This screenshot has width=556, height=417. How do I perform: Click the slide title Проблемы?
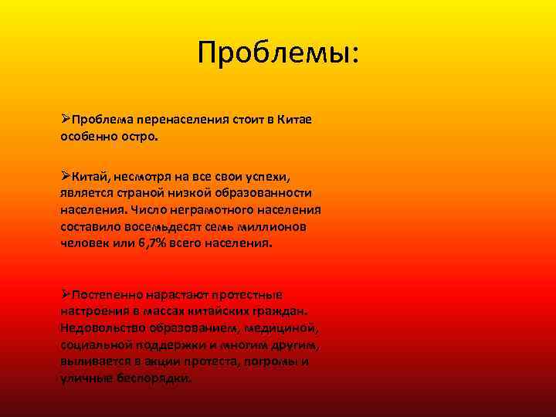(278, 53)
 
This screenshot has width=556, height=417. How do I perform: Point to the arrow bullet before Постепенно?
(66, 294)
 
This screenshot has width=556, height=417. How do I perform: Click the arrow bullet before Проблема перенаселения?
(66, 119)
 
